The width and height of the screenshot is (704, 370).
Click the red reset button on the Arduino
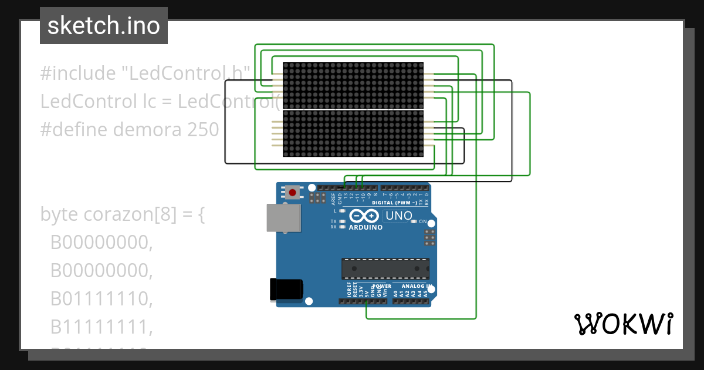pos(292,191)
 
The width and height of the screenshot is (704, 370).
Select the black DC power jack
pos(286,290)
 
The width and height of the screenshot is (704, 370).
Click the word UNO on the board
pos(399,216)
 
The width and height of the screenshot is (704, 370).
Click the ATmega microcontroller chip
pos(385,268)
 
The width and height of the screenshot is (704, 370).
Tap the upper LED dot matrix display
pos(353,85)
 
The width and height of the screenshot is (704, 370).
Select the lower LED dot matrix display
pos(353,133)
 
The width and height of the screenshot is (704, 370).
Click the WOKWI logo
pos(623,324)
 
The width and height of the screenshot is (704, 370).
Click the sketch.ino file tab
pos(104,26)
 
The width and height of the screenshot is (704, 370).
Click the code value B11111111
pos(101,327)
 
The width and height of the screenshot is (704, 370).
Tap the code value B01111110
pos(101,299)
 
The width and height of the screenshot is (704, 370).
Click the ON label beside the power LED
pos(422,221)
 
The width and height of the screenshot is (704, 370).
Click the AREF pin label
pos(333,197)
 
